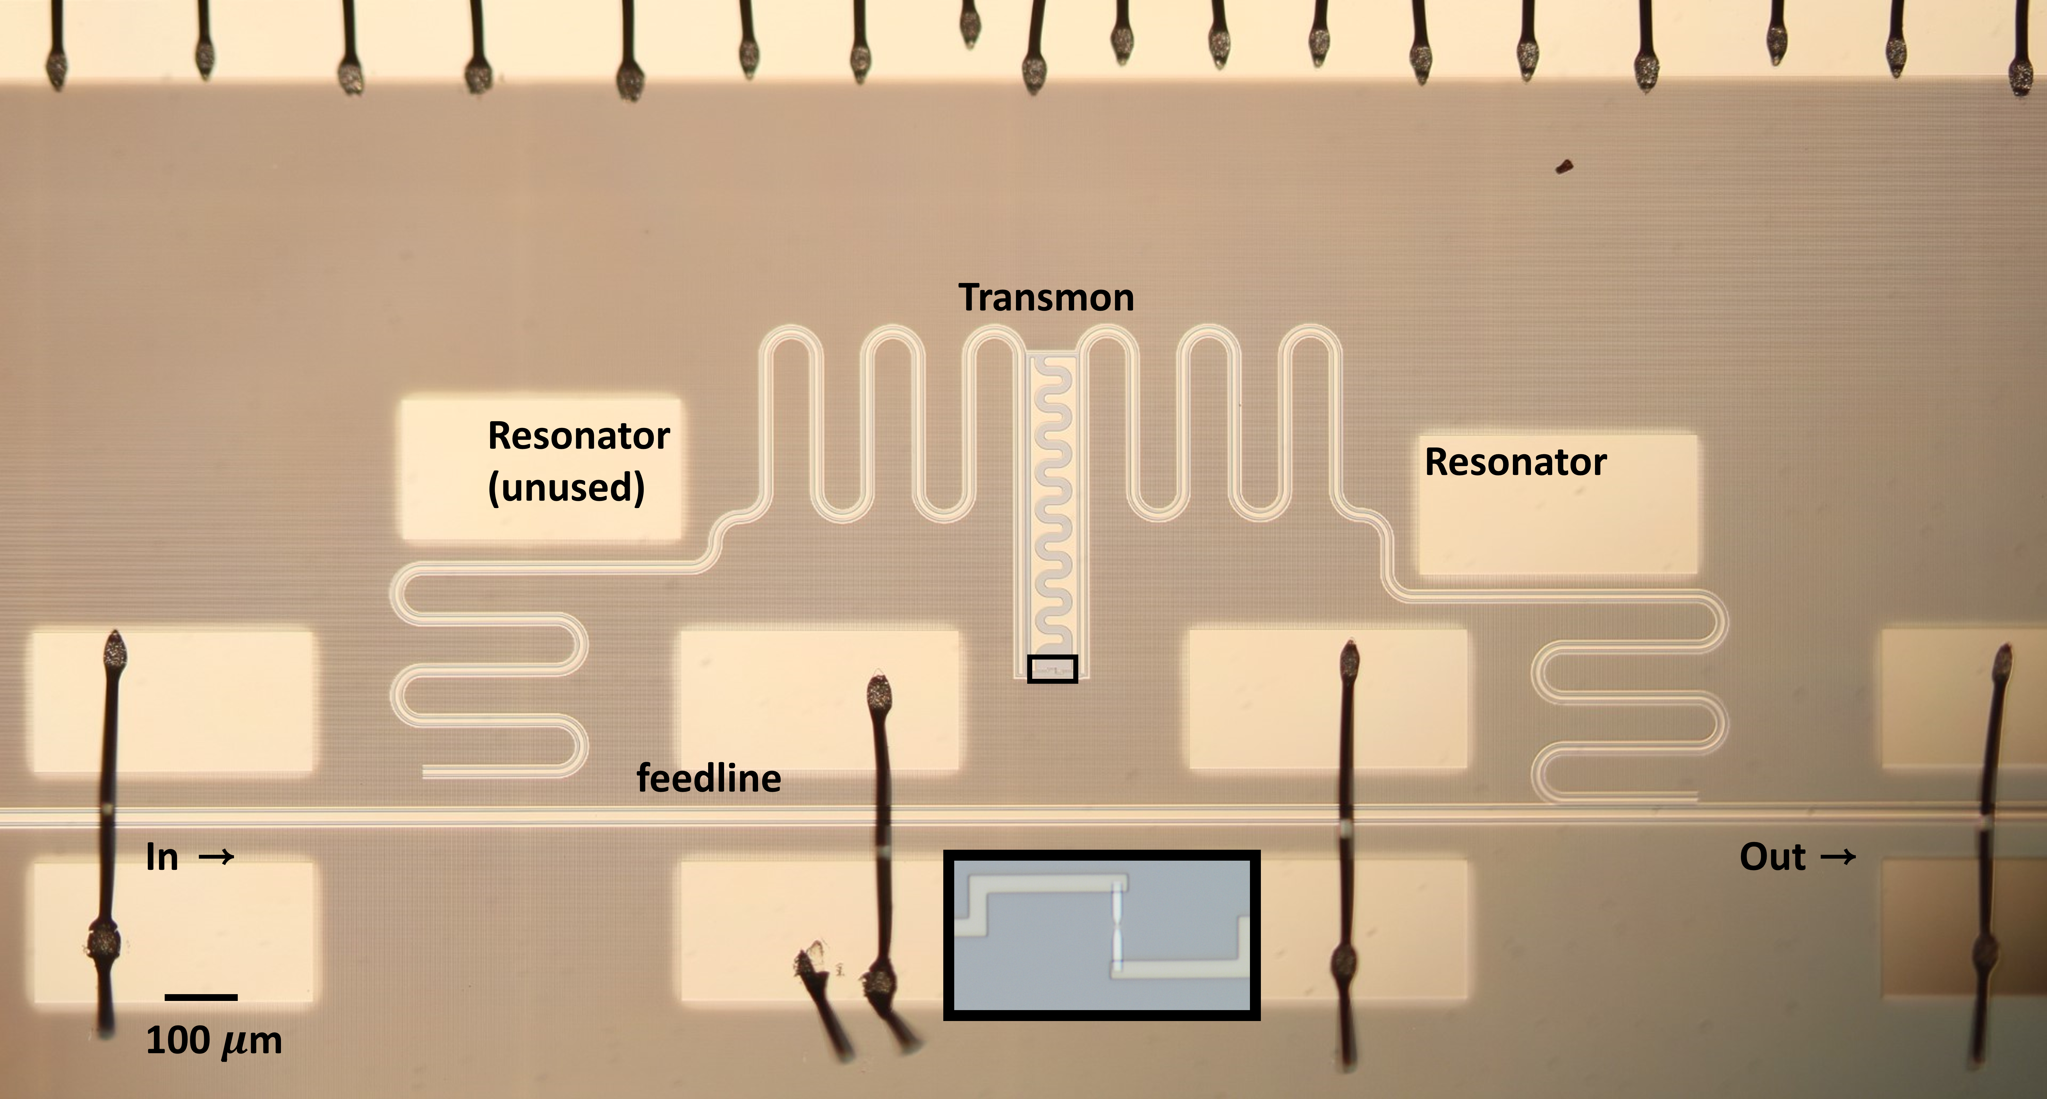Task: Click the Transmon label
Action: point(1046,298)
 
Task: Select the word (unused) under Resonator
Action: point(566,487)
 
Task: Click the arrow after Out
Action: point(1838,857)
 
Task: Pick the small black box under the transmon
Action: point(1052,669)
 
